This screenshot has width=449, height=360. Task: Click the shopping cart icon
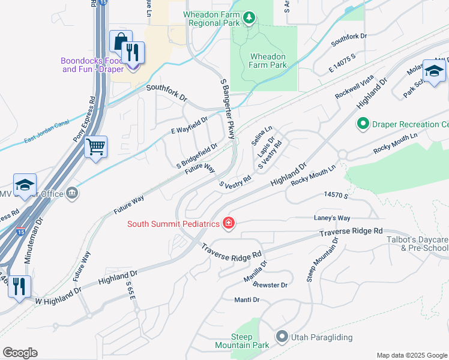pyautogui.click(x=96, y=146)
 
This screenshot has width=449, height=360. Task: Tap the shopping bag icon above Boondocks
pyautogui.click(x=121, y=41)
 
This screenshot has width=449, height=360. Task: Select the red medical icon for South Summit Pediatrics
pyautogui.click(x=228, y=224)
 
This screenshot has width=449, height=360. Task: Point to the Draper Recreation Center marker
pyautogui.click(x=363, y=124)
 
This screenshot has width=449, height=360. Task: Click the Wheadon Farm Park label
pyautogui.click(x=268, y=61)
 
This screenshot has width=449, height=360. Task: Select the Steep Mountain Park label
pyautogui.click(x=243, y=341)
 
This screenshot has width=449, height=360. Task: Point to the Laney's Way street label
pyautogui.click(x=331, y=218)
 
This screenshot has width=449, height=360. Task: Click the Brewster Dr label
pyautogui.click(x=270, y=284)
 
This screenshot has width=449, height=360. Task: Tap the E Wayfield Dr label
pyautogui.click(x=189, y=125)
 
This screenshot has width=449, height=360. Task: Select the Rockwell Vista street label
pyautogui.click(x=355, y=89)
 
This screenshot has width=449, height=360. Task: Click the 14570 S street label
pyautogui.click(x=336, y=195)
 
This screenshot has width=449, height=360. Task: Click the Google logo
pyautogui.click(x=20, y=353)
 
